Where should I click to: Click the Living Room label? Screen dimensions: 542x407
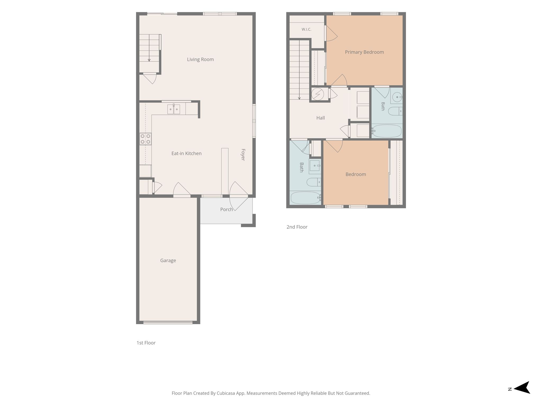(x=200, y=59)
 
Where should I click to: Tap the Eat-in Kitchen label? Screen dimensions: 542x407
(x=186, y=153)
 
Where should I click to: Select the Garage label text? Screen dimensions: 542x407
(x=168, y=260)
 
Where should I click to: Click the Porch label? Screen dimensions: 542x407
(x=227, y=209)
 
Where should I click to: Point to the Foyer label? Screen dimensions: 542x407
(x=243, y=155)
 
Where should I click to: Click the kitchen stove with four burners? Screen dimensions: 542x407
(x=146, y=139)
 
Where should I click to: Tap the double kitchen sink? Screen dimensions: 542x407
(x=174, y=109)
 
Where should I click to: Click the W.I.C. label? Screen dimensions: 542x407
(x=306, y=29)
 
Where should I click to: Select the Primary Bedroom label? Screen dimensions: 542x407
(x=364, y=52)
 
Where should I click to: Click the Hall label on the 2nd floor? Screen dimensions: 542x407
(x=320, y=118)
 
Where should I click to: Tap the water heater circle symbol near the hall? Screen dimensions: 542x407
(x=318, y=94)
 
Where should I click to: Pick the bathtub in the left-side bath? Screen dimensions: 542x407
(x=306, y=198)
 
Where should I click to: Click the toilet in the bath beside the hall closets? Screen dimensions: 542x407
(x=395, y=111)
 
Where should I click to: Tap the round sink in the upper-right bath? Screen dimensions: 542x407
(x=397, y=97)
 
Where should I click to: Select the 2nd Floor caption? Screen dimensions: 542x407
(x=297, y=227)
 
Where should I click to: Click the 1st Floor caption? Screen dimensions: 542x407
(x=146, y=343)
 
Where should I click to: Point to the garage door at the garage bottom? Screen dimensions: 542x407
(x=168, y=322)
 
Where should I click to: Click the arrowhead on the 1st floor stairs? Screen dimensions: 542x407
(x=149, y=60)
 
